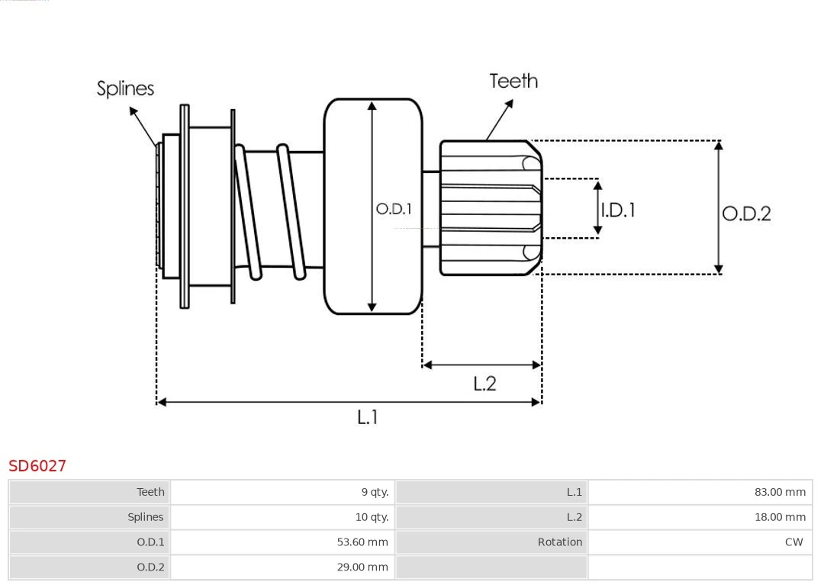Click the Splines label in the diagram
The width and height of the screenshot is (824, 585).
tap(125, 88)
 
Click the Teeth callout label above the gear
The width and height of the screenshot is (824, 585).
tap(513, 81)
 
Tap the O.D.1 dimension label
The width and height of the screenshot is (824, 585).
tap(394, 208)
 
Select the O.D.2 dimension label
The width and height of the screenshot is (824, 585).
tap(746, 214)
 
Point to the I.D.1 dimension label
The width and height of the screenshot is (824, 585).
tap(618, 210)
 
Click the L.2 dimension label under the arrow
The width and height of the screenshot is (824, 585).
tap(484, 384)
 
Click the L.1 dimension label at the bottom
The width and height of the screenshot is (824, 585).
tap(368, 417)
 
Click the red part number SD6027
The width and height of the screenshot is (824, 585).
tap(37, 465)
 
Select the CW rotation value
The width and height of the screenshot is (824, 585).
tap(793, 542)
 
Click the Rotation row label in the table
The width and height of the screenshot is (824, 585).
tap(559, 542)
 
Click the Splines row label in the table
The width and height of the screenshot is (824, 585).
tap(145, 517)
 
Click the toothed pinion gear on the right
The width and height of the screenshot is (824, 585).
tap(488, 207)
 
